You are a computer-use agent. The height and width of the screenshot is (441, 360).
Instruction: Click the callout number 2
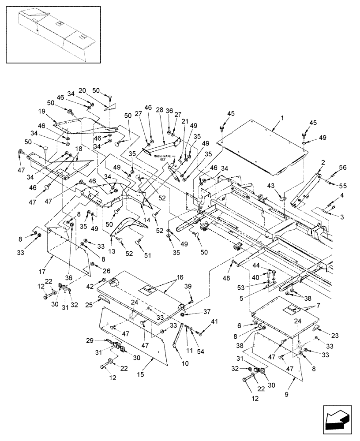coord(324,163)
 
